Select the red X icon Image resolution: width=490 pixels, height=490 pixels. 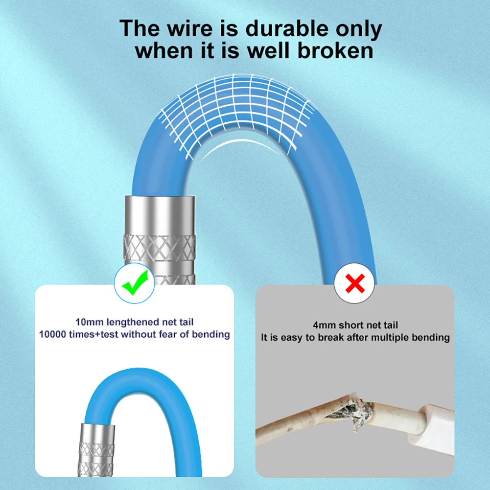356,283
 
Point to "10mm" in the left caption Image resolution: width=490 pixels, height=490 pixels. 87,323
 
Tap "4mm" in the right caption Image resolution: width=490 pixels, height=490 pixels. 324,325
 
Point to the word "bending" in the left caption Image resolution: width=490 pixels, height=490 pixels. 210,335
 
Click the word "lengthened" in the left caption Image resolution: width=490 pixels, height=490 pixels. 133,323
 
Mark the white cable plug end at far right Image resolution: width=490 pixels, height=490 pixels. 431,431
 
